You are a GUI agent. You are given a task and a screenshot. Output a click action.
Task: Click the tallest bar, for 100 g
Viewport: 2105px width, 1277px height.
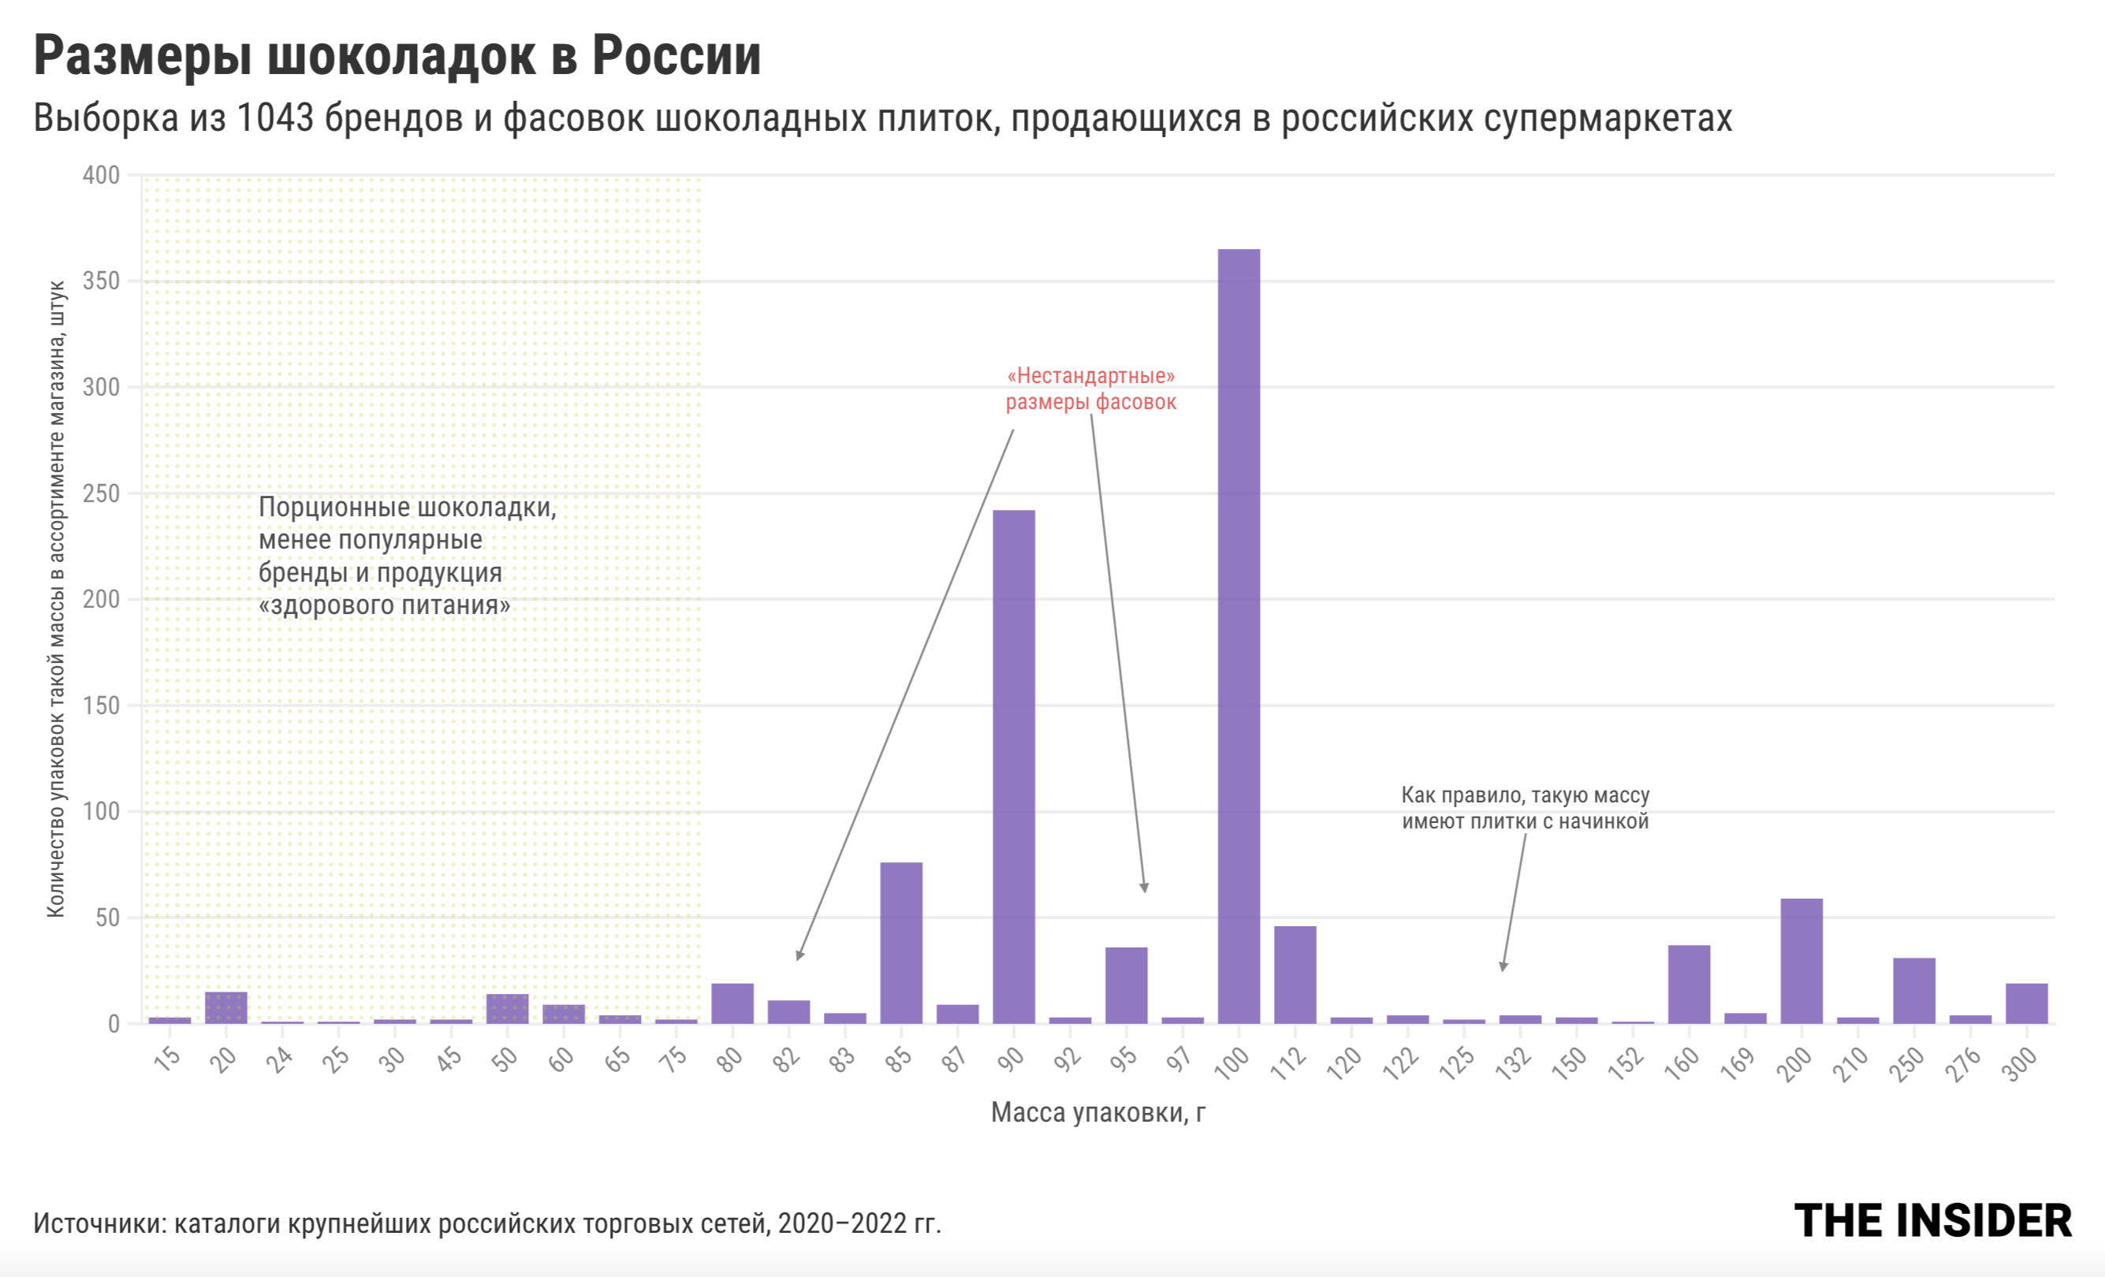pyautogui.click(x=1239, y=636)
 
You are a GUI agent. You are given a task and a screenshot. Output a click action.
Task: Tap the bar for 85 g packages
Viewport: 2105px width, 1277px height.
pyautogui.click(x=901, y=943)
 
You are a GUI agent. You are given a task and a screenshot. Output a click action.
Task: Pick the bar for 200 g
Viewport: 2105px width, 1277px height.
pyautogui.click(x=1801, y=961)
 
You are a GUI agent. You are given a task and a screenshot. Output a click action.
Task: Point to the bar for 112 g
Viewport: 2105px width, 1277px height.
pyautogui.click(x=1295, y=974)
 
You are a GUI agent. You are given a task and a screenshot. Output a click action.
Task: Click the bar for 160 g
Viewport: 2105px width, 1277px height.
pyautogui.click(x=1689, y=984)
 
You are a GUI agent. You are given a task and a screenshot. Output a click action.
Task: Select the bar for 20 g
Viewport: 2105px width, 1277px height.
pyautogui.click(x=225, y=1008)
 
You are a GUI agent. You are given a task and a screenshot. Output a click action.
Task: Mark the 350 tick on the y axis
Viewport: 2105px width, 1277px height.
pyautogui.click(x=101, y=281)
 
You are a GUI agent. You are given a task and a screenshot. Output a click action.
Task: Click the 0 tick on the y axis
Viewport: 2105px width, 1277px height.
pyautogui.click(x=113, y=1024)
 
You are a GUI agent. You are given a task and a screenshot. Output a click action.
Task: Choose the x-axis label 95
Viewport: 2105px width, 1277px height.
pyautogui.click(x=1124, y=1059)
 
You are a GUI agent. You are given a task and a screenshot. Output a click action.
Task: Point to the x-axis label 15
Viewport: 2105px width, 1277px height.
pyautogui.click(x=167, y=1059)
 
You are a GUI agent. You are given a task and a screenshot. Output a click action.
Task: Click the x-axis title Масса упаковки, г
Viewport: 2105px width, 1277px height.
pyautogui.click(x=1097, y=1112)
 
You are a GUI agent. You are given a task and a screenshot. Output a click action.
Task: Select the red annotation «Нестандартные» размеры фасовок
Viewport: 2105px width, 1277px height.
pyautogui.click(x=1090, y=389)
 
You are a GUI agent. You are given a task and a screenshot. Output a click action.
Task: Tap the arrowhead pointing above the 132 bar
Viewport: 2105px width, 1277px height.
pyautogui.click(x=1503, y=967)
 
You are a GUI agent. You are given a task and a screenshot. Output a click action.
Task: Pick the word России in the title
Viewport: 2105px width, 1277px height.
pyautogui.click(x=676, y=57)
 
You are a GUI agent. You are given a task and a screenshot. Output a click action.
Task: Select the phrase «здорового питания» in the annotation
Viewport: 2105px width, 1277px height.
pyautogui.click(x=385, y=605)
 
